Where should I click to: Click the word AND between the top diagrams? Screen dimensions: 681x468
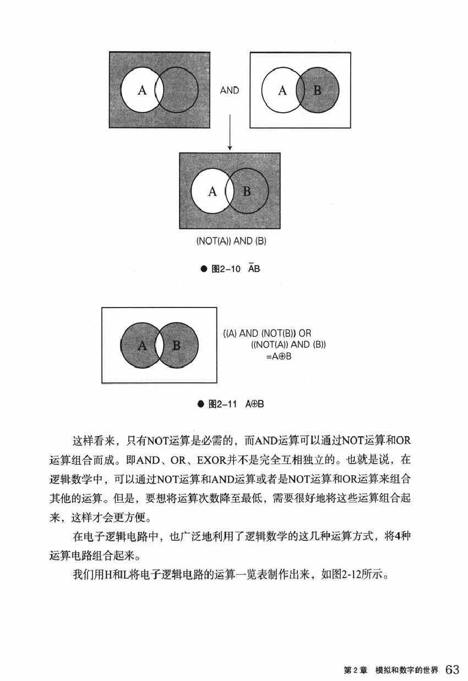[x=230, y=90]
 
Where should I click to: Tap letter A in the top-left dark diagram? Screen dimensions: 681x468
[x=142, y=91]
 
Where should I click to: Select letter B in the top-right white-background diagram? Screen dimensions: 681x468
[x=317, y=90]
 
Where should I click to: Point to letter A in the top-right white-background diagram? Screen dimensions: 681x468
[x=282, y=90]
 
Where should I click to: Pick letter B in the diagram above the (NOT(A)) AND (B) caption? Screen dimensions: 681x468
[x=247, y=191]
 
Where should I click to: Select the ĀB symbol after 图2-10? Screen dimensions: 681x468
[x=253, y=268]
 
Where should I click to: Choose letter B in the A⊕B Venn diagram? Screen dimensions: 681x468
[x=176, y=345]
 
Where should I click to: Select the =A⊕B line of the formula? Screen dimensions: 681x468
[x=278, y=356]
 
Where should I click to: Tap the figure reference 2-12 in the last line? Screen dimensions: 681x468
[x=348, y=577]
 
